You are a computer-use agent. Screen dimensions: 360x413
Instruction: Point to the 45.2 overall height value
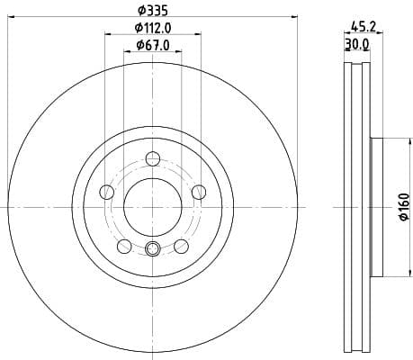363,27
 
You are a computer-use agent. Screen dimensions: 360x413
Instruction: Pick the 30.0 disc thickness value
356,42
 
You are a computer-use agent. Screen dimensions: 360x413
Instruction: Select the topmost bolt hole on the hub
152,159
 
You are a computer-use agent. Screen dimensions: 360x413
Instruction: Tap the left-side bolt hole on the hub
107,191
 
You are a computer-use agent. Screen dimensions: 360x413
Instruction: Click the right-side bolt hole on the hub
198,191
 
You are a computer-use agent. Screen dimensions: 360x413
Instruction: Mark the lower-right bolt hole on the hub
181,246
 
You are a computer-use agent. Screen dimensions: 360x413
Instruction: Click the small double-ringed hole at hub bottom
152,250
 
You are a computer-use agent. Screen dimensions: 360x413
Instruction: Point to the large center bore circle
152,206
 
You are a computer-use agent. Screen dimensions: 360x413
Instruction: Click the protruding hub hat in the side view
376,206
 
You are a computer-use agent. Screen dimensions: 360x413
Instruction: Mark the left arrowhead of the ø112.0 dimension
109,36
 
